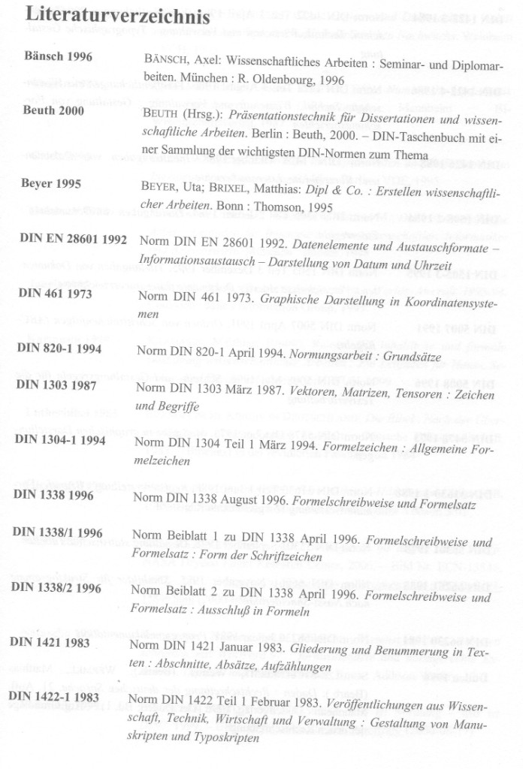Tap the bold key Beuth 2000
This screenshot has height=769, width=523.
pos(54,112)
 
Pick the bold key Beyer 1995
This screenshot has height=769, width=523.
pos(53,182)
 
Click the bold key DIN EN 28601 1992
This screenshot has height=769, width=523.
pos(73,238)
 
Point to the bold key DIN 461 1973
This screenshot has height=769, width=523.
pos(54,294)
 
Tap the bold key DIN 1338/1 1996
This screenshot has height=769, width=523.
pos(57,532)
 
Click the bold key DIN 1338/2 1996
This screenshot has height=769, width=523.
pos(56,588)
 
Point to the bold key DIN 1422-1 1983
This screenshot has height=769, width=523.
pos(54,697)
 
